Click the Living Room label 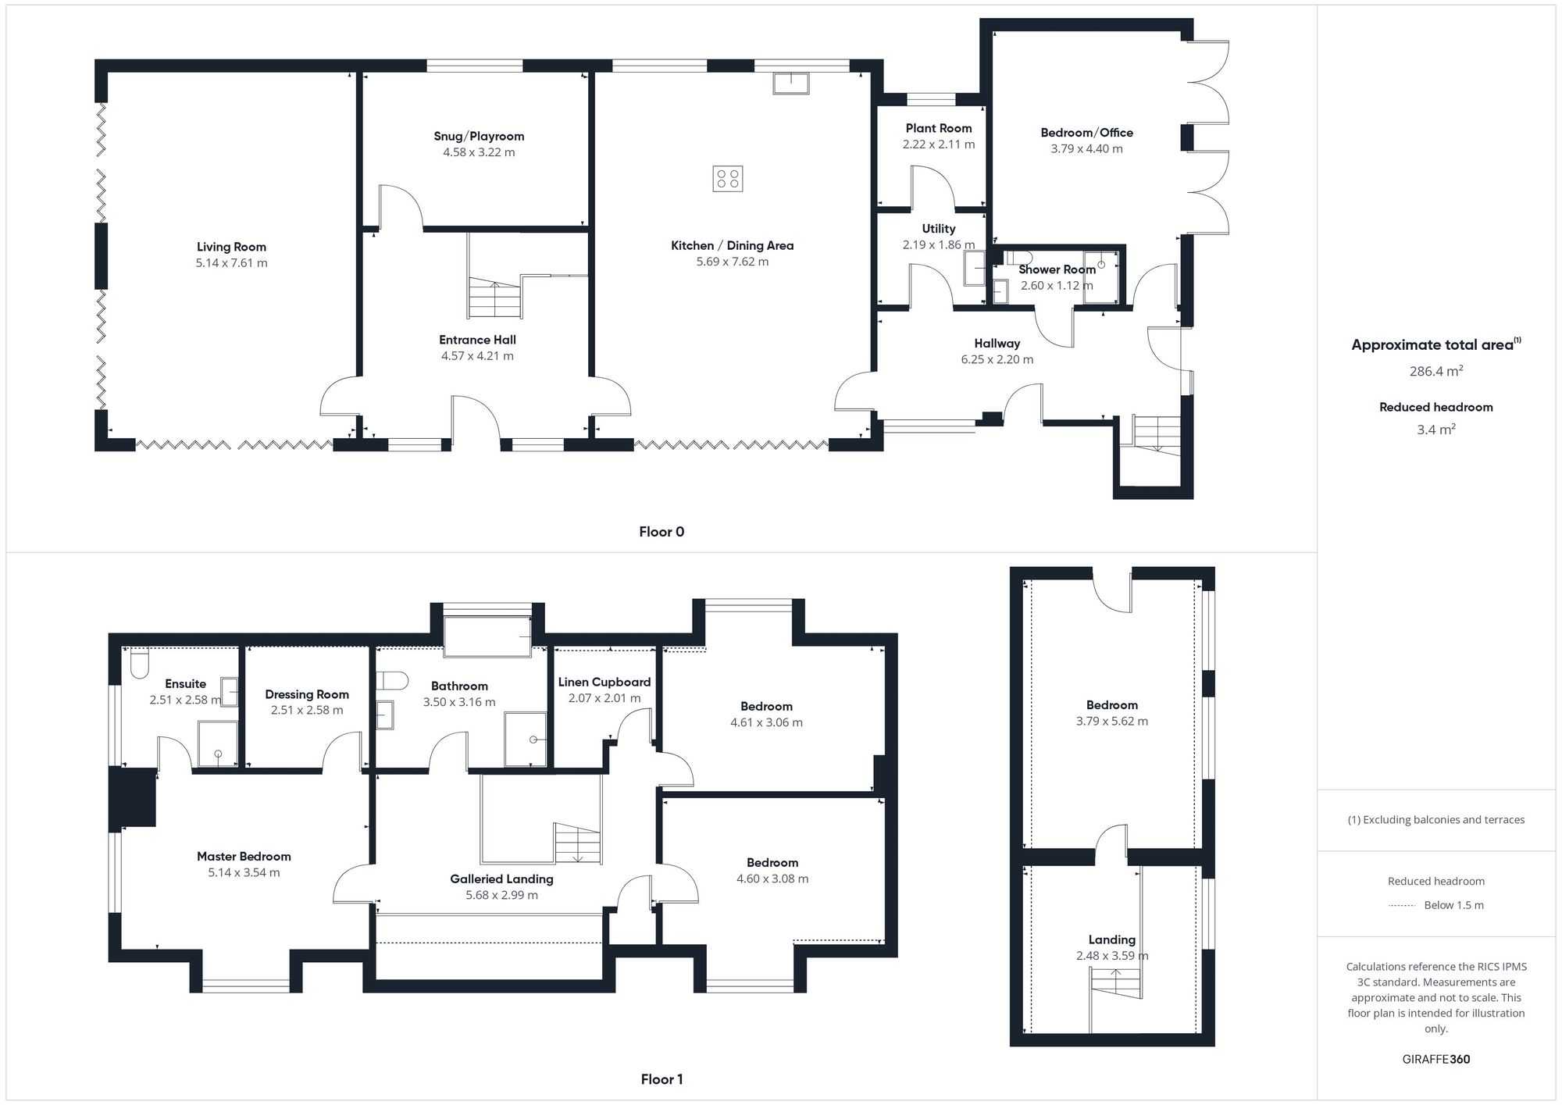(231, 247)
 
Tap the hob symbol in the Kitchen (728, 179)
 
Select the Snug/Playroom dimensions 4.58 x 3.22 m (479, 152)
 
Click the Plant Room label (939, 128)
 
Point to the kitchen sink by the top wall (791, 83)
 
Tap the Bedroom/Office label (1086, 133)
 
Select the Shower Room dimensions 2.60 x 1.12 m (1057, 286)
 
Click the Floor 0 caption (662, 532)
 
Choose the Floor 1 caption (662, 1079)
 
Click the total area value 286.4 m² (1436, 371)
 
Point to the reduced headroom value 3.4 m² (1436, 430)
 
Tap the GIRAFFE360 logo (1436, 1060)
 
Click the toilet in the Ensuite (140, 663)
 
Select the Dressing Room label (307, 694)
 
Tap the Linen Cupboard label (604, 682)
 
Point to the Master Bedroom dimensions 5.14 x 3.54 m (244, 872)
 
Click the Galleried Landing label (501, 879)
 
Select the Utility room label (938, 229)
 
